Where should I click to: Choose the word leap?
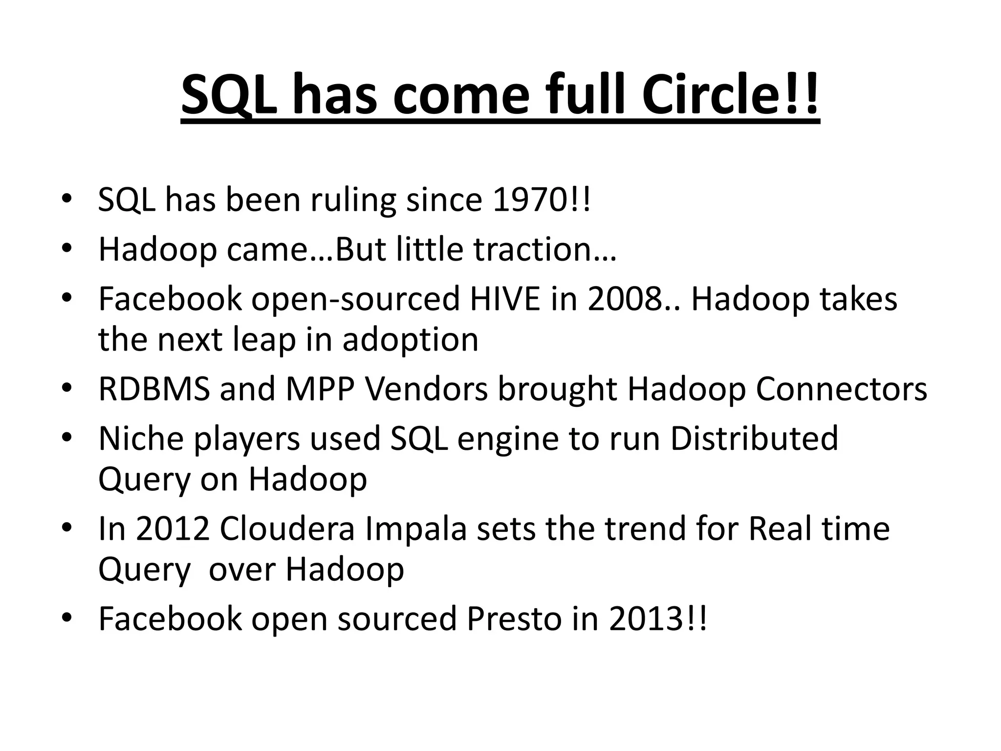264,340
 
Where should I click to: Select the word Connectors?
841,389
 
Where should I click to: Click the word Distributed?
754,439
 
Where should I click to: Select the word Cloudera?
287,529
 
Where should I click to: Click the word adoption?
410,341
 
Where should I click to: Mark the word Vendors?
426,389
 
